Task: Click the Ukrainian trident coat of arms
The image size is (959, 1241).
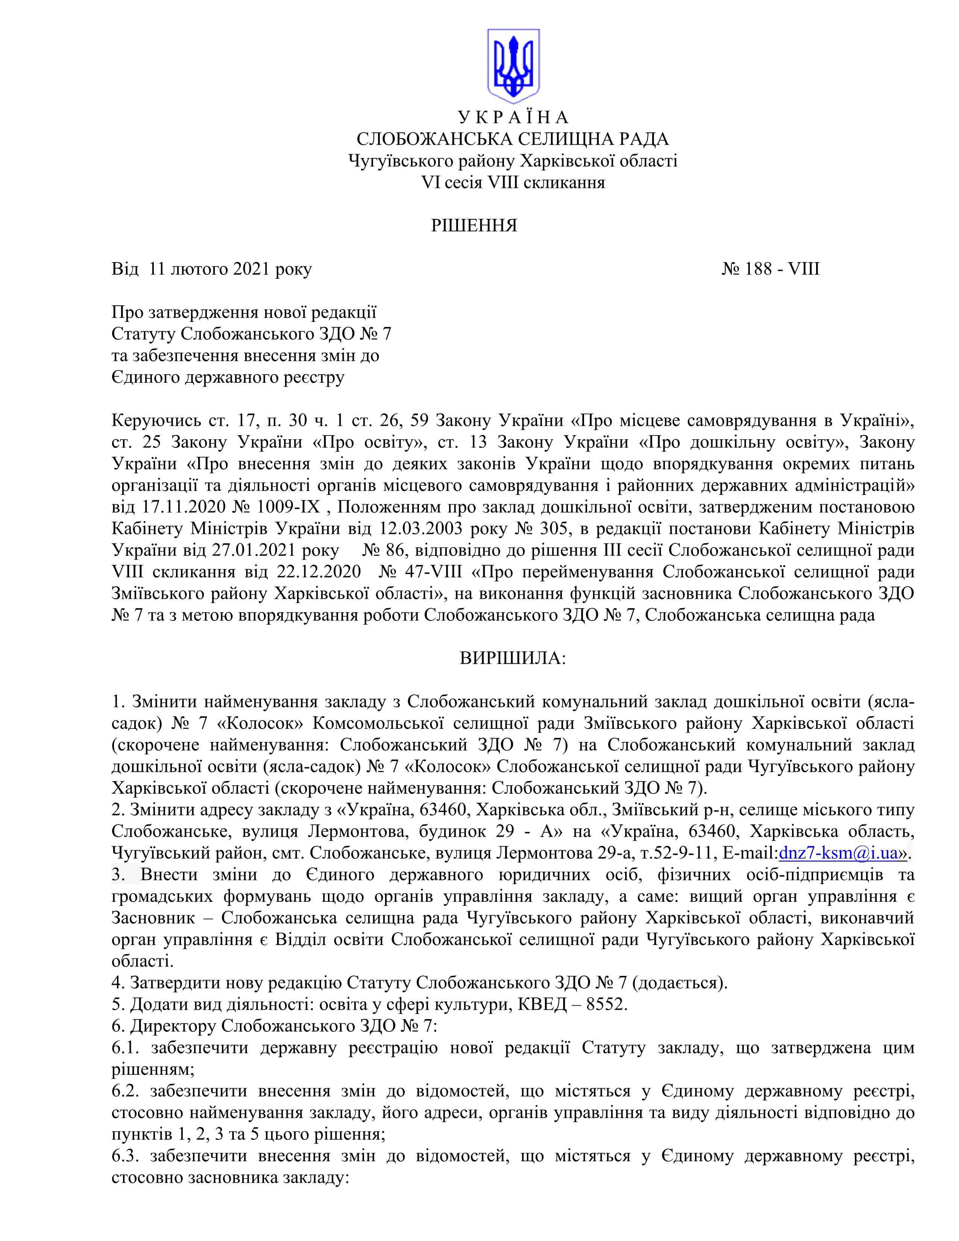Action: [x=513, y=66]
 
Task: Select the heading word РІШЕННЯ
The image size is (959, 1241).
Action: [x=474, y=226]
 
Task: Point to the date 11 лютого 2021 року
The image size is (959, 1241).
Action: [x=230, y=269]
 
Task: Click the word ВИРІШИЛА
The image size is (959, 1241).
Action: [x=513, y=658]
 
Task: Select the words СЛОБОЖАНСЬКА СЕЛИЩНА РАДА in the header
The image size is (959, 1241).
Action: [x=513, y=139]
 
